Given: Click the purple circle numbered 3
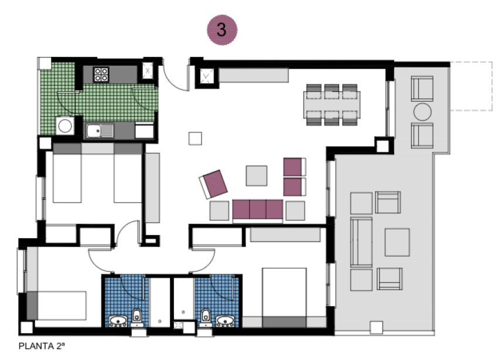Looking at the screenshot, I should [222, 30].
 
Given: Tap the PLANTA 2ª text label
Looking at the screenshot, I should [42, 346].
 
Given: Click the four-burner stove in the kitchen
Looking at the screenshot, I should [101, 74].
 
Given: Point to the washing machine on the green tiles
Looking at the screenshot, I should [64, 125].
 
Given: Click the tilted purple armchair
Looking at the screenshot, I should [214, 184].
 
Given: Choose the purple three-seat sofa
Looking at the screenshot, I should [258, 209].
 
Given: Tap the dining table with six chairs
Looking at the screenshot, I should [332, 104].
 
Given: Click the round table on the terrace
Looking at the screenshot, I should [422, 111].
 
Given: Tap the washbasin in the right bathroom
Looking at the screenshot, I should [226, 320].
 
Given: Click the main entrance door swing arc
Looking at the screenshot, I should [175, 74].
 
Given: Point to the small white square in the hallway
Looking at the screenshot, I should [195, 138].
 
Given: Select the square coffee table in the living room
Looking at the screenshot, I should [257, 175].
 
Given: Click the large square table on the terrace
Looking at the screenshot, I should [397, 242].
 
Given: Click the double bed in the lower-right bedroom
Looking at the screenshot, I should [284, 296].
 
